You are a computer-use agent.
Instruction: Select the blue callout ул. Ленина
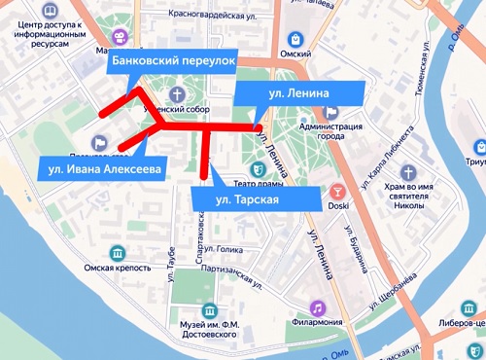tap(299, 92)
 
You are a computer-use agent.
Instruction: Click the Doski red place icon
tap(338, 192)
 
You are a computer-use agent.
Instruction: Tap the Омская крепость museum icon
tap(118, 252)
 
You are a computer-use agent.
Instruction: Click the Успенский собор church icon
tap(177, 93)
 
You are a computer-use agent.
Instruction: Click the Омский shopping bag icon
tap(294, 39)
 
